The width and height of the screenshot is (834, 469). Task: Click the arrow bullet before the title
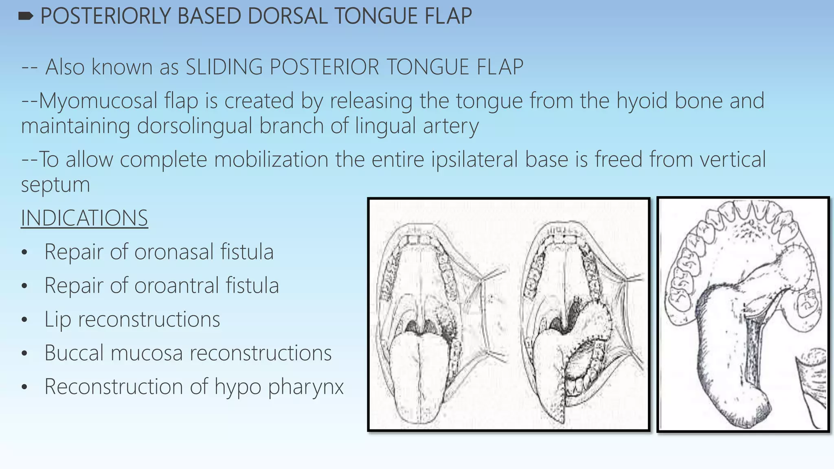click(26, 16)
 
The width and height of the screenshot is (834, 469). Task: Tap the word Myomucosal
click(98, 101)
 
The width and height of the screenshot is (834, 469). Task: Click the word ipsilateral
click(473, 159)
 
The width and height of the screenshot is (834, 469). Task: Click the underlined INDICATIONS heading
click(84, 218)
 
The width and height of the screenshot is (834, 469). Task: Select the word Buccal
click(73, 353)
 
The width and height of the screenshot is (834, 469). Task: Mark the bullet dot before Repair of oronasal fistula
click(24, 253)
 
